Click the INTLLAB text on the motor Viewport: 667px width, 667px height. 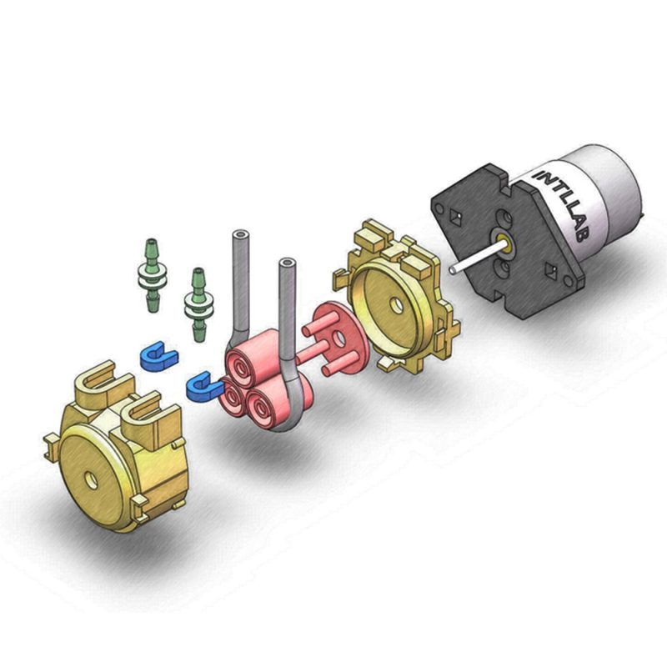(562, 205)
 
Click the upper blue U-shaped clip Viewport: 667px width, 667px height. (158, 356)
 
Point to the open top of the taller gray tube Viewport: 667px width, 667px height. (241, 234)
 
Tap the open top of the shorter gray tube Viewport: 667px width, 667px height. (287, 263)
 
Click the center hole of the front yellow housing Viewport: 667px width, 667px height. (92, 481)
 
